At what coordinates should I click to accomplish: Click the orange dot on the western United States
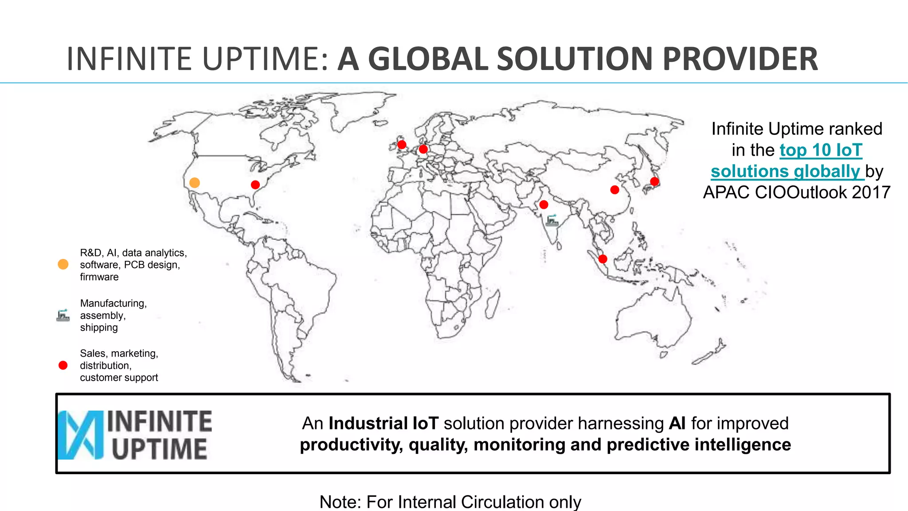tap(194, 183)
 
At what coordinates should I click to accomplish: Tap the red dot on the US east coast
tap(255, 185)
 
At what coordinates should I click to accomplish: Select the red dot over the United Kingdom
tap(402, 145)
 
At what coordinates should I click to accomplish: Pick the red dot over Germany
tap(423, 149)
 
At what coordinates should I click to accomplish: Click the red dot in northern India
tap(544, 204)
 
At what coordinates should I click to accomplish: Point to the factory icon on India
tap(552, 220)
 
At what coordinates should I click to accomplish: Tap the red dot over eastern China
tap(614, 190)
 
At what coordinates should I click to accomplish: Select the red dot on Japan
tap(654, 181)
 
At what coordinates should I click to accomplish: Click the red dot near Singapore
tap(603, 259)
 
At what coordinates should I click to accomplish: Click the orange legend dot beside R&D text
tap(63, 264)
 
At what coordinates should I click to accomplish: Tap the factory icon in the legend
tap(63, 315)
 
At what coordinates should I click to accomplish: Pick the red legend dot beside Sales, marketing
tap(63, 366)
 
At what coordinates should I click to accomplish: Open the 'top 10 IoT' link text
tap(821, 150)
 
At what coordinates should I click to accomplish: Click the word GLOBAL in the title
tap(427, 59)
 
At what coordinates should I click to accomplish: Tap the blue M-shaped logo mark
tap(80, 435)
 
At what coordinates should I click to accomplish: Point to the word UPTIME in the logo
tap(160, 449)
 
